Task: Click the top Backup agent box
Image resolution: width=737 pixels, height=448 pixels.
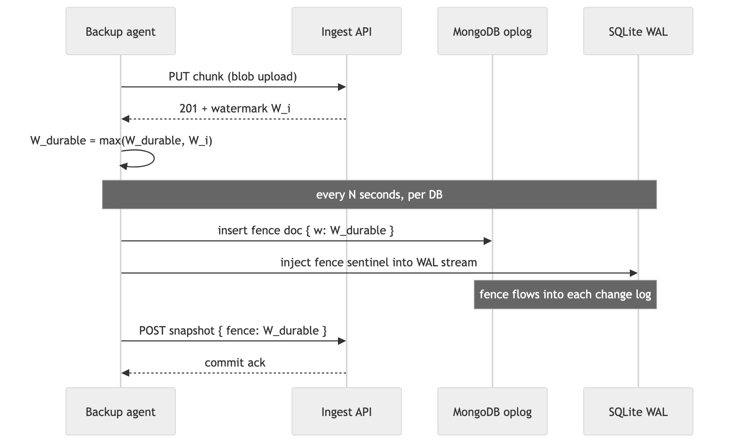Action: pos(120,31)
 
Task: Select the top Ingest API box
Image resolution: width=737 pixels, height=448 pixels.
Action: pos(346,31)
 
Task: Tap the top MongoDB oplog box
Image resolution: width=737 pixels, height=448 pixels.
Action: pos(492,31)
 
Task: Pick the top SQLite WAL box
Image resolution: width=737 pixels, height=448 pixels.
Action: pos(638,31)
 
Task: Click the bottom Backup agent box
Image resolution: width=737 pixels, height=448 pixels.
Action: pos(120,411)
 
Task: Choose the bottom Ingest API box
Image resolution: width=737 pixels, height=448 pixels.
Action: pos(346,411)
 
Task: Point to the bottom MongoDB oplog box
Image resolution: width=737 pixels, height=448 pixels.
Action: pos(492,411)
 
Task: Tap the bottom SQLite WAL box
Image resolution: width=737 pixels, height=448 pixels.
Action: pos(638,411)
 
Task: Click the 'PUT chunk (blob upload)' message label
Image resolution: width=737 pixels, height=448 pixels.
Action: pos(233,76)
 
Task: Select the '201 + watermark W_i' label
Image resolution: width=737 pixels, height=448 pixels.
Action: pos(235,108)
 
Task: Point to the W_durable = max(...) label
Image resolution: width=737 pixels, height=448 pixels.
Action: pos(121,140)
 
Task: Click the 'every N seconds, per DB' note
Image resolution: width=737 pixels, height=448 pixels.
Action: pos(379,194)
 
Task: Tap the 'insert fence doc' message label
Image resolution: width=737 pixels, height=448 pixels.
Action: pos(306,230)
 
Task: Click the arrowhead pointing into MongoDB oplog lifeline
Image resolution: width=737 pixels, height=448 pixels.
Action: pos(488,241)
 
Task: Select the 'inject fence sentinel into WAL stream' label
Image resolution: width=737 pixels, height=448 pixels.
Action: pos(378,262)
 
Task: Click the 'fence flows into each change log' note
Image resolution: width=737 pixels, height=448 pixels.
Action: pos(565,295)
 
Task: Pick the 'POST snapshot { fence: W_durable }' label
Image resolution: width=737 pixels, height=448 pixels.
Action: pos(233,330)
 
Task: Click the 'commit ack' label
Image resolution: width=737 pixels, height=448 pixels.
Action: pos(235,362)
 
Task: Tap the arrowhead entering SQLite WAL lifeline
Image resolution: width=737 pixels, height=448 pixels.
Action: pos(634,273)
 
